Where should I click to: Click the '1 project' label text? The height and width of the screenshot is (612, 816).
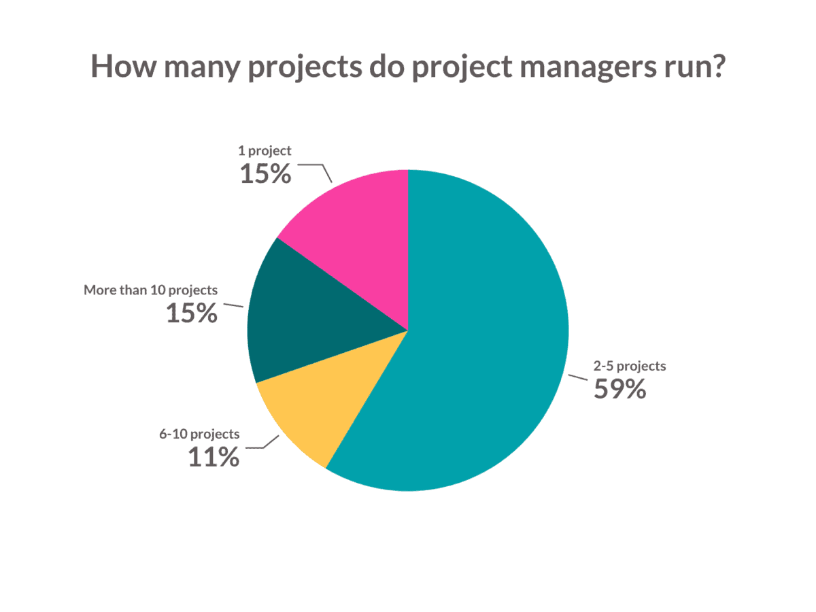coord(265,150)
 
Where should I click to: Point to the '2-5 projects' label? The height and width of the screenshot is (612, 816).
coord(630,366)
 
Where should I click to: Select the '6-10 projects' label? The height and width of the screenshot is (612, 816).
coord(199,433)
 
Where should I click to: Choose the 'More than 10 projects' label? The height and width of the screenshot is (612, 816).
coord(151,290)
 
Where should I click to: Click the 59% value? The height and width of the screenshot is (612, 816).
coord(619,389)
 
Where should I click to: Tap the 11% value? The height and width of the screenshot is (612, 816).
coord(214,457)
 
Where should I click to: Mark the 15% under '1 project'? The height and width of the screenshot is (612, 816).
coord(265,173)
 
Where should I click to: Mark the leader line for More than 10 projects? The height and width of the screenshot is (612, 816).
coord(233,305)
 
